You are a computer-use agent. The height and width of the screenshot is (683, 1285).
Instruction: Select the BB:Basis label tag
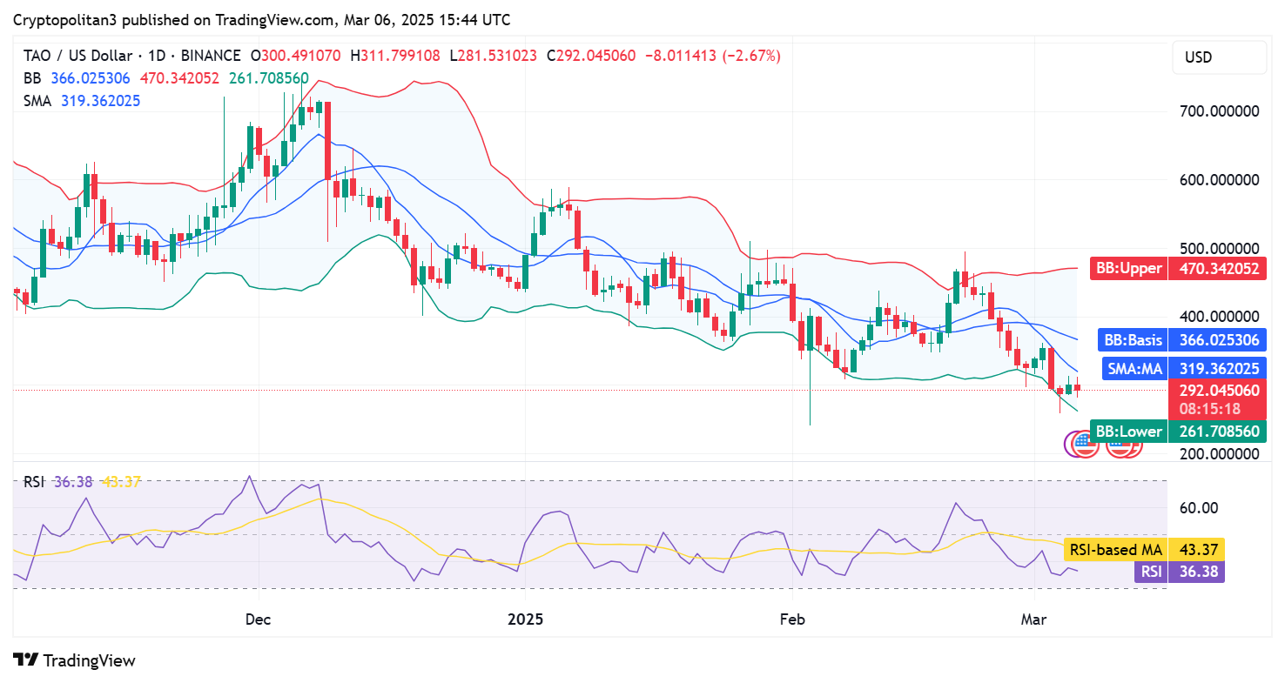pos(1132,339)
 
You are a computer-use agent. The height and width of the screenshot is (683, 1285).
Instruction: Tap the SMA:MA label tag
pos(1134,369)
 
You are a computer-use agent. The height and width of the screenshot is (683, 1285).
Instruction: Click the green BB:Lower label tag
pos(1128,431)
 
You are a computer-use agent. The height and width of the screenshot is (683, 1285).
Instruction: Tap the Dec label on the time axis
pos(259,619)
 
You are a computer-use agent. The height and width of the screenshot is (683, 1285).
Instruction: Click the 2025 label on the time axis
pos(525,619)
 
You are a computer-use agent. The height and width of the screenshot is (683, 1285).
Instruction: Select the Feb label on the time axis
pos(792,619)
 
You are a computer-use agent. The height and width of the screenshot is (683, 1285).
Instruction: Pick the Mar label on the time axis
pos(1033,619)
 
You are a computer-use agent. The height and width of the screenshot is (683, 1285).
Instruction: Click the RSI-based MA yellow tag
pos(1117,549)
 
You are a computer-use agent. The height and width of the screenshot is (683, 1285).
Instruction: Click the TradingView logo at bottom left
pos(75,660)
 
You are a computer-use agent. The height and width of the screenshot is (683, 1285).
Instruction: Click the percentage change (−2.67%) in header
pos(747,56)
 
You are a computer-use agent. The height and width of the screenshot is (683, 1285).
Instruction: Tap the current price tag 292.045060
pos(1216,391)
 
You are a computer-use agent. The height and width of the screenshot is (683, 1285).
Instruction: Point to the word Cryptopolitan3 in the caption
pos(64,19)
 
